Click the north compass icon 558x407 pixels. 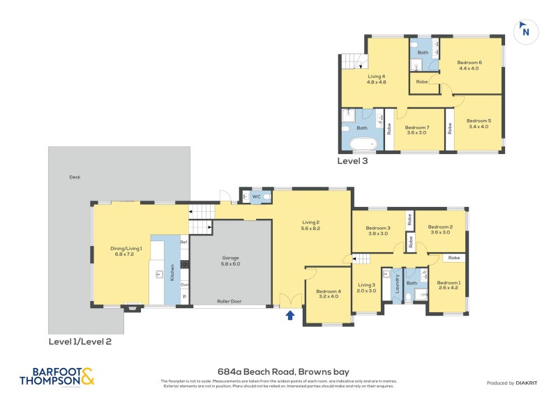tap(525, 31)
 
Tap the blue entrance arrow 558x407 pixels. tap(290, 315)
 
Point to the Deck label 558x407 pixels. tap(75, 177)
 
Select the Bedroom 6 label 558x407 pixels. tap(470, 63)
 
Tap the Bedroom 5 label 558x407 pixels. tap(479, 121)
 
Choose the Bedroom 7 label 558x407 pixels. tap(416, 128)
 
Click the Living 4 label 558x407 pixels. tap(376, 76)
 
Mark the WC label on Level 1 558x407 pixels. tap(256, 197)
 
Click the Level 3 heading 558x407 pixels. tap(352, 160)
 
